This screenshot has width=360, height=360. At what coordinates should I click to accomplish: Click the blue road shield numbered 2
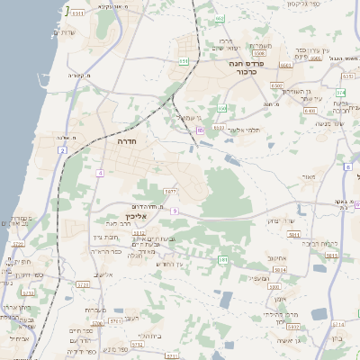pos(64,150)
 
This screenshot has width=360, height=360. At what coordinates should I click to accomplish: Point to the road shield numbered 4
pos(101,171)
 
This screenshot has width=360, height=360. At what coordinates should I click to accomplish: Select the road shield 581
pos(222,259)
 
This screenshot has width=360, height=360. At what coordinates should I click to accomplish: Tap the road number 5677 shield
pos(168,191)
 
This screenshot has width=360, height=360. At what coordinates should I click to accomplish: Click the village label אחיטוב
pos(276,256)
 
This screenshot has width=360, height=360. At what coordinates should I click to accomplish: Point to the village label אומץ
pos(280,298)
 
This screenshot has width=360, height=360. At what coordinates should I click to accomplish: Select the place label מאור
pos(310,177)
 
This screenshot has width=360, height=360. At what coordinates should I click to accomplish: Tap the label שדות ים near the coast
pos(65,33)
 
